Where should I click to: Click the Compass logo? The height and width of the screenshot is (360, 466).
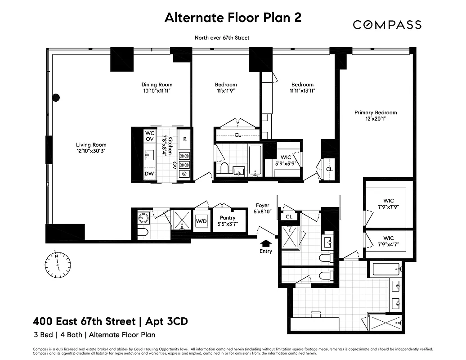click(387, 25)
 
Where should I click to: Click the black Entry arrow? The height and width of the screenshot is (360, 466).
click(266, 243)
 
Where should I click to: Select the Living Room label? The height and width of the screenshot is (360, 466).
click(91, 148)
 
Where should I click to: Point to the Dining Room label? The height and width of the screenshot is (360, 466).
click(157, 87)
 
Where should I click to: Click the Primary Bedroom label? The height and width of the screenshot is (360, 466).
click(376, 116)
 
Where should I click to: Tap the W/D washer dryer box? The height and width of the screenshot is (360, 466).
click(201, 221)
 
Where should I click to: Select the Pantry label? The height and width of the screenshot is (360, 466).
click(228, 220)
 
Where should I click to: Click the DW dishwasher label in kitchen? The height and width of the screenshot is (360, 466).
click(149, 174)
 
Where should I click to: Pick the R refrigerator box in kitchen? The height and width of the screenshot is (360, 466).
click(184, 139)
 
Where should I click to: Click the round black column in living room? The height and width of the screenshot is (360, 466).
click(56, 97)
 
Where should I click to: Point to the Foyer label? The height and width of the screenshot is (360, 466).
click(262, 208)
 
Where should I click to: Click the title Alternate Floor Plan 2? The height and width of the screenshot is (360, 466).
click(233, 18)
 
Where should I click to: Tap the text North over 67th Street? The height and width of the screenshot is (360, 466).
click(221, 38)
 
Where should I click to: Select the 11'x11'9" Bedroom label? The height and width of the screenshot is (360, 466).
click(226, 87)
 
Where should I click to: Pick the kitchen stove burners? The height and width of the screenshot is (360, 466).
click(184, 164)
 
